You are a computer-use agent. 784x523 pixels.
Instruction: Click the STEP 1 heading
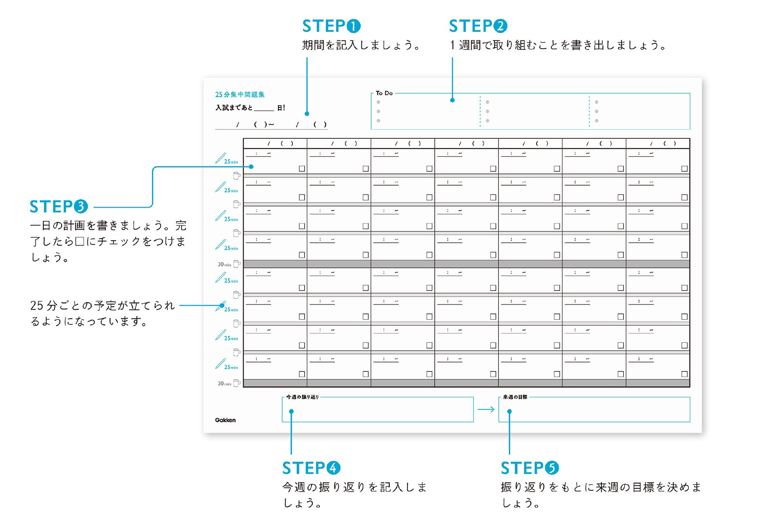click(x=331, y=26)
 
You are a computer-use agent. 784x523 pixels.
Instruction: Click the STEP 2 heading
click(x=478, y=26)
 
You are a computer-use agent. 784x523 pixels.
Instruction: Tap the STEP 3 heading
click(x=59, y=207)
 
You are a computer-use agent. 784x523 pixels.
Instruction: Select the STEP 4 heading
click(x=311, y=468)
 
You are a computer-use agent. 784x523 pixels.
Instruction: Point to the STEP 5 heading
click(x=530, y=468)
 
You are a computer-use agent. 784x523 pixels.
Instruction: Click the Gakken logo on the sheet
click(x=225, y=420)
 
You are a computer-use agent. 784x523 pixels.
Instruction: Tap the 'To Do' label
click(x=384, y=93)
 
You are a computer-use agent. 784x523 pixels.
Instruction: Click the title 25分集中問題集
click(x=240, y=94)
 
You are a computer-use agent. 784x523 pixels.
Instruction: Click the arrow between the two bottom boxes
click(x=486, y=409)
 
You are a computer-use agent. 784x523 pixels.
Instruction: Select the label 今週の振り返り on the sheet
click(x=302, y=397)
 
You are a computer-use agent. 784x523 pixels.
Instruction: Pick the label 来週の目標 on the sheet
click(x=515, y=397)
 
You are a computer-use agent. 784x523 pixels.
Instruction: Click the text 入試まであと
click(x=234, y=108)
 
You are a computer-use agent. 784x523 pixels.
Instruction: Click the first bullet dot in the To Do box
click(x=379, y=102)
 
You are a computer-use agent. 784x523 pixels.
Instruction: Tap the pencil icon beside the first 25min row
click(x=220, y=158)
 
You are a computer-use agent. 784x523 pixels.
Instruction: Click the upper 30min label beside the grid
click(x=224, y=264)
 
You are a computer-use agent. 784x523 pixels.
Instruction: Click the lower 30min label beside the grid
click(x=224, y=384)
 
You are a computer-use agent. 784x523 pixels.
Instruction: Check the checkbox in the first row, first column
click(x=302, y=169)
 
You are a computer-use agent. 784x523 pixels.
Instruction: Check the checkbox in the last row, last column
click(x=684, y=374)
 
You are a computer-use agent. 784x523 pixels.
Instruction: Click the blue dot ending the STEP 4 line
click(x=291, y=411)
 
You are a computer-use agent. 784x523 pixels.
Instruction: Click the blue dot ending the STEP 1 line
click(x=307, y=114)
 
